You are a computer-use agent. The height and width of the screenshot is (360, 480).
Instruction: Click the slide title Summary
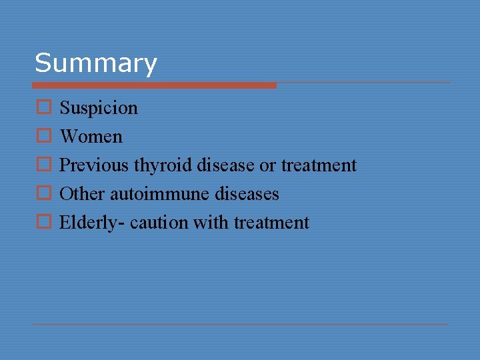[95, 63]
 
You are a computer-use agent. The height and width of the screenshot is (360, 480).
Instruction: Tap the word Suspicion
[99, 108]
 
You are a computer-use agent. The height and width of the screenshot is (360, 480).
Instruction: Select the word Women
[91, 137]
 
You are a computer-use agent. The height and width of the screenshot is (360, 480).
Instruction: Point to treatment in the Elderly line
[271, 223]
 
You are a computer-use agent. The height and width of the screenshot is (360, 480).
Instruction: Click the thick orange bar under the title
[154, 85]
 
